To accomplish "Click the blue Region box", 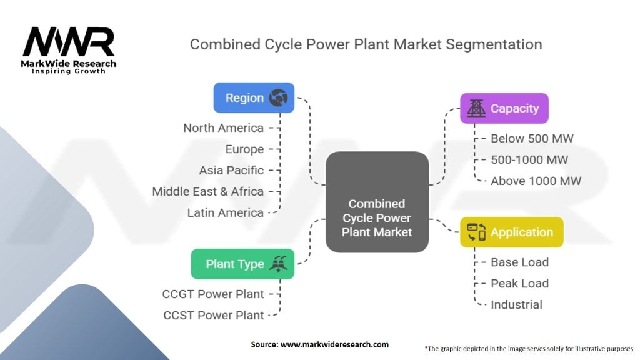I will (x=254, y=98).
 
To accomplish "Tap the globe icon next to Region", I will (x=278, y=98).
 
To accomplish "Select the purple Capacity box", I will (x=504, y=109).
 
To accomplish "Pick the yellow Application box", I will (x=511, y=232).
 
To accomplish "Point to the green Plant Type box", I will (x=242, y=264).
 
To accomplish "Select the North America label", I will (x=223, y=128).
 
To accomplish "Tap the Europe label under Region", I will (x=244, y=149).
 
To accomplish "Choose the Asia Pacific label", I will (x=231, y=170).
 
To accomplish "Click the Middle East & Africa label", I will (x=207, y=191).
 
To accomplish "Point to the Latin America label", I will (x=225, y=212).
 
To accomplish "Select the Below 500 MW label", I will (x=532, y=139).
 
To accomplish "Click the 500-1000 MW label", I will (x=529, y=160).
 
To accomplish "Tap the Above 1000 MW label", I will (x=536, y=181).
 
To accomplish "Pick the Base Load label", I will (x=519, y=262).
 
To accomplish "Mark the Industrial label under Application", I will (x=516, y=305).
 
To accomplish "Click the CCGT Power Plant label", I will (x=213, y=294).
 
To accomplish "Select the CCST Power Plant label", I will (x=213, y=315).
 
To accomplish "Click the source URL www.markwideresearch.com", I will (x=335, y=344).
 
